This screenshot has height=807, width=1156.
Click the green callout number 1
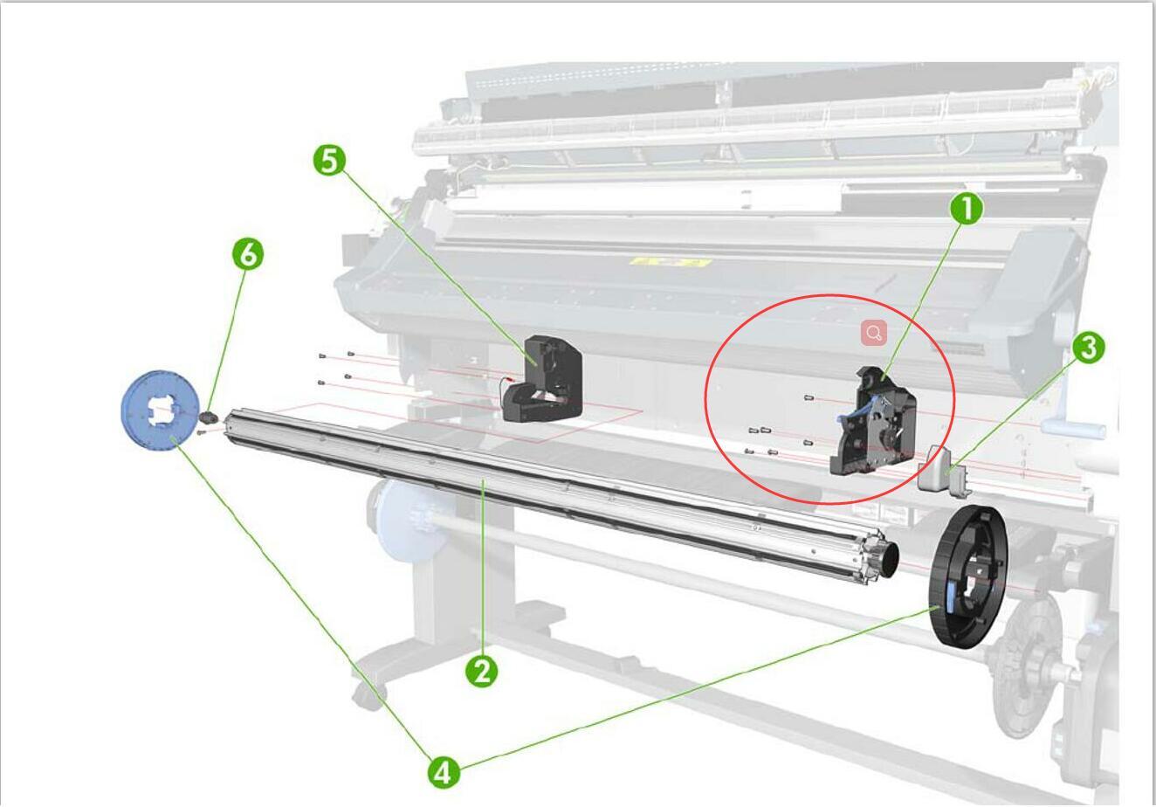(x=966, y=209)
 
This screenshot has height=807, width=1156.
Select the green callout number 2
(x=481, y=671)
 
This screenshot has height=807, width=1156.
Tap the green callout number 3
(x=1087, y=348)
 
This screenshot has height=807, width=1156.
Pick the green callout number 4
(x=444, y=772)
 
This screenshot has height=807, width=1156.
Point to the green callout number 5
(x=329, y=161)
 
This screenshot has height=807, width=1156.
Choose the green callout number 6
(x=248, y=254)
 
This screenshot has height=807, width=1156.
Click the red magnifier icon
(x=874, y=332)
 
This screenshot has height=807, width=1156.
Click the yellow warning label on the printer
(x=670, y=261)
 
